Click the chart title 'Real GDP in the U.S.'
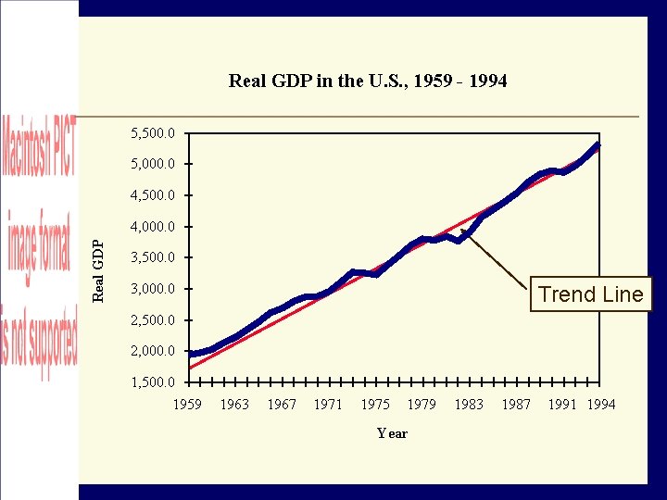368,81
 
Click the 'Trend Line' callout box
590,294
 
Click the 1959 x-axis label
188,404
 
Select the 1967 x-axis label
282,404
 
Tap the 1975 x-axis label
375,404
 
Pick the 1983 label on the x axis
469,404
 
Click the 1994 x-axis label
601,404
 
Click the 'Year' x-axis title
392,433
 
